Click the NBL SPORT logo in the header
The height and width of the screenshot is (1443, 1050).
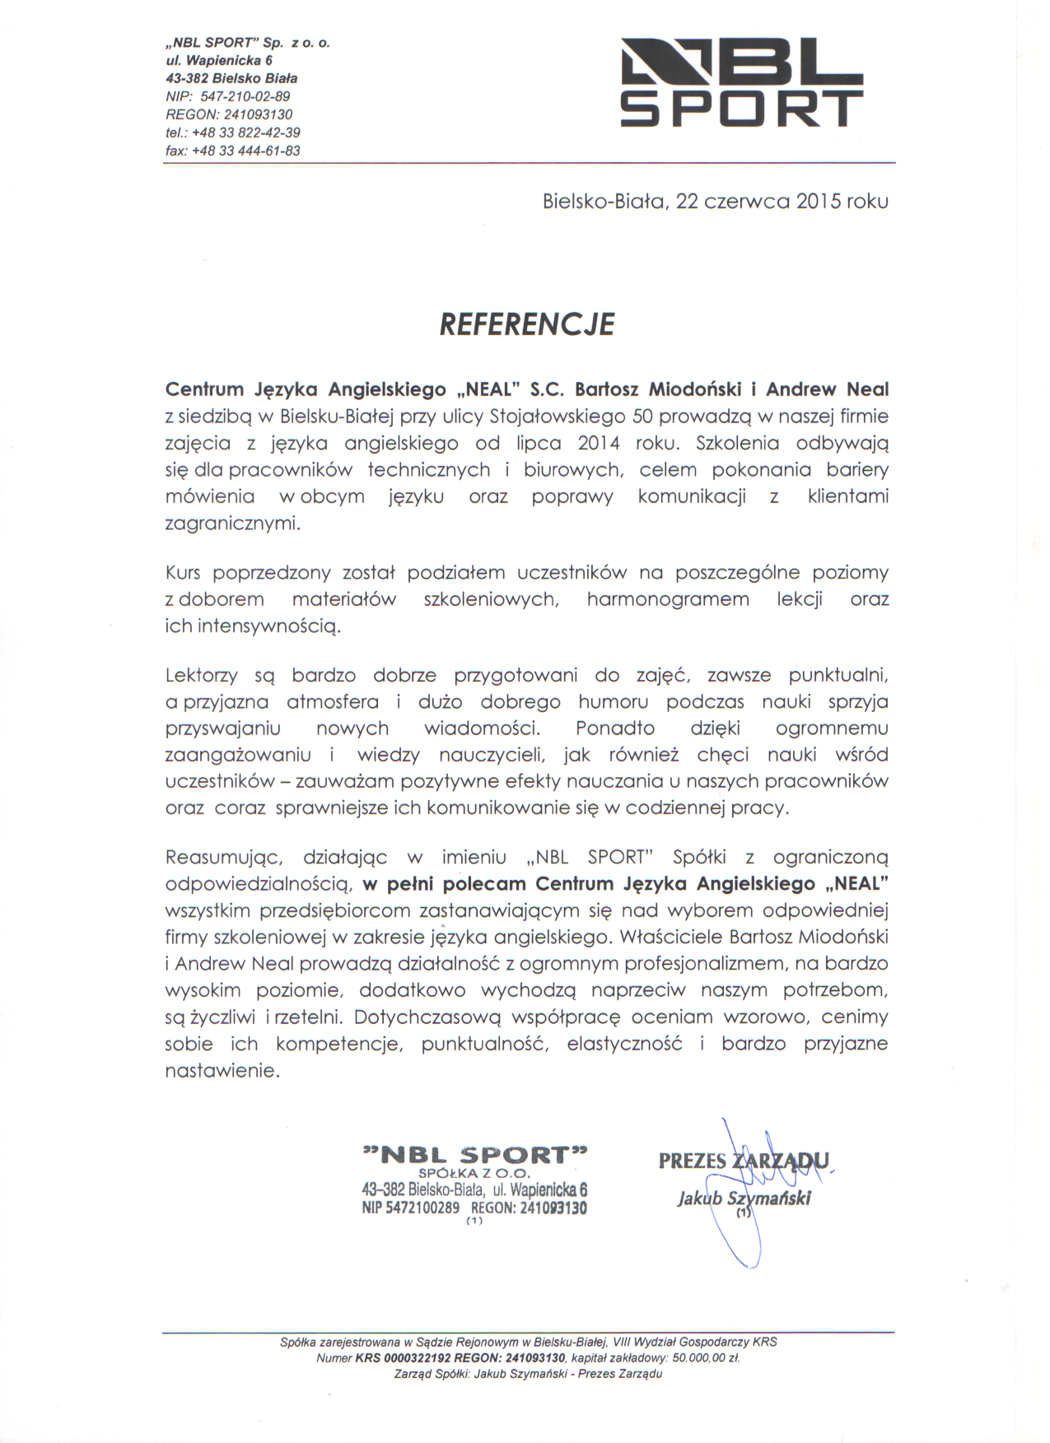tap(741, 82)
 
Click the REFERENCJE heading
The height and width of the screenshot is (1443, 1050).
tap(527, 324)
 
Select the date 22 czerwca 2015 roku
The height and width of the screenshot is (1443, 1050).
tap(782, 202)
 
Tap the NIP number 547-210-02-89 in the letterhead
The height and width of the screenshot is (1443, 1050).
tap(245, 96)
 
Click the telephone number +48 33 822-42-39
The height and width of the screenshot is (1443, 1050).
tap(245, 133)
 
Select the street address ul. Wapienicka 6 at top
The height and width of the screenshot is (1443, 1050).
tap(219, 60)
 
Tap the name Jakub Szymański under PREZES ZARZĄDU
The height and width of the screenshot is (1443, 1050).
tap(744, 1198)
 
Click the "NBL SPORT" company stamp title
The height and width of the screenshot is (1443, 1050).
tap(475, 1154)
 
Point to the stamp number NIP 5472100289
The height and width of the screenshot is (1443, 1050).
tap(410, 1208)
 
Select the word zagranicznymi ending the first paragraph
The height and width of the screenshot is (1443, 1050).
tap(233, 524)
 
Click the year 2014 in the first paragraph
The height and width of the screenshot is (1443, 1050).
tap(599, 444)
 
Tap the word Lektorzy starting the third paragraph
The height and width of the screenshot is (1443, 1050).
tap(202, 676)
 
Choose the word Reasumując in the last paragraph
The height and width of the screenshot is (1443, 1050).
tap(224, 858)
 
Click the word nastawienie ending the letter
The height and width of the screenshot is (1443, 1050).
tap(222, 1072)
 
